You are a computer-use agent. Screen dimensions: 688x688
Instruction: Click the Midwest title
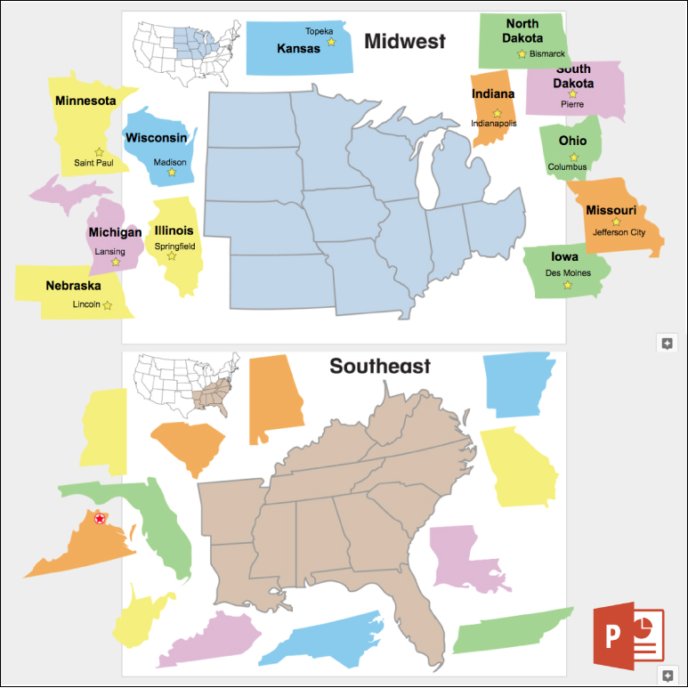[404, 41]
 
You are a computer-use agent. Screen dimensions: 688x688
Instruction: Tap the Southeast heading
[380, 366]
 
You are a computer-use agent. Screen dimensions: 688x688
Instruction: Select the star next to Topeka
[331, 42]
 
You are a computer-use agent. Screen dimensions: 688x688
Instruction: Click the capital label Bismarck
[546, 53]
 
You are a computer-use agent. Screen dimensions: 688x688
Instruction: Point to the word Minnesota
[85, 101]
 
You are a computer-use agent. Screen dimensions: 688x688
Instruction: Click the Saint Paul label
[93, 163]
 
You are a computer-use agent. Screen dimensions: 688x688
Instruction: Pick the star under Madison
[172, 172]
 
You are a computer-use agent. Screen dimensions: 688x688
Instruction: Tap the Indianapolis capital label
[493, 124]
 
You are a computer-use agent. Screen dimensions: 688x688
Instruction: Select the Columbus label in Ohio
[568, 166]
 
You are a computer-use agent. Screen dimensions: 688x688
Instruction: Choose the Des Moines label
[568, 273]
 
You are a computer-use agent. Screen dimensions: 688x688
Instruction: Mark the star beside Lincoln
[108, 305]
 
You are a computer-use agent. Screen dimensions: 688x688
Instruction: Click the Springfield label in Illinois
[174, 246]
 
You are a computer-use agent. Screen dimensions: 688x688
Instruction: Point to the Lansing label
[110, 251]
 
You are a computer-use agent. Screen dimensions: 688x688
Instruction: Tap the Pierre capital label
[572, 104]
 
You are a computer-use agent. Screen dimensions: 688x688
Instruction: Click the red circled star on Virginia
[100, 519]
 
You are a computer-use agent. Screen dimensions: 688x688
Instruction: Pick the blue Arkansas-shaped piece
[520, 384]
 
